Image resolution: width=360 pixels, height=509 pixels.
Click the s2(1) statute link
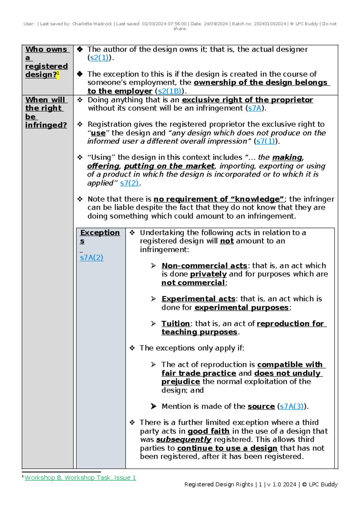pos(99,58)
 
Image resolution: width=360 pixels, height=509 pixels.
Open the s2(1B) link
pos(169,91)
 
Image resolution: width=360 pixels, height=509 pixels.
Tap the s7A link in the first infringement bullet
pos(255,108)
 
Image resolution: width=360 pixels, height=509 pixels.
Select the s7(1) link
pos(266,141)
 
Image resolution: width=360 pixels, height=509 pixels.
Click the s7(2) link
pos(129,183)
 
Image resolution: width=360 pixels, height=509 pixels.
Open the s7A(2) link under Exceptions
pos(91,258)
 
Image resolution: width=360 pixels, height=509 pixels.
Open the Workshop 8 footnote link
pos(80,477)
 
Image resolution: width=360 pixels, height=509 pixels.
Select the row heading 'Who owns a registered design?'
pos(46,62)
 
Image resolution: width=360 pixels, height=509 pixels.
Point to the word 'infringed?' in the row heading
pos(46,125)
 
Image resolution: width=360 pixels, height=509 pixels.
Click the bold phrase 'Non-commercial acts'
pos(204,266)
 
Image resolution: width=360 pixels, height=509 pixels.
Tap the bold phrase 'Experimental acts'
pos(198,299)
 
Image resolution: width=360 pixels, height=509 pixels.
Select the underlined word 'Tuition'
pos(175,324)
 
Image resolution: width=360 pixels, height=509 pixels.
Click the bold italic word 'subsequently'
pos(184,439)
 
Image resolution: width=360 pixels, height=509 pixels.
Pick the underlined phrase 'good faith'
pos(208,431)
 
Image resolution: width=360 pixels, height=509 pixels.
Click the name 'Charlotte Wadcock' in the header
pos(92,24)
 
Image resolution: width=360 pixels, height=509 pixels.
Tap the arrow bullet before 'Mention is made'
pos(154,406)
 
